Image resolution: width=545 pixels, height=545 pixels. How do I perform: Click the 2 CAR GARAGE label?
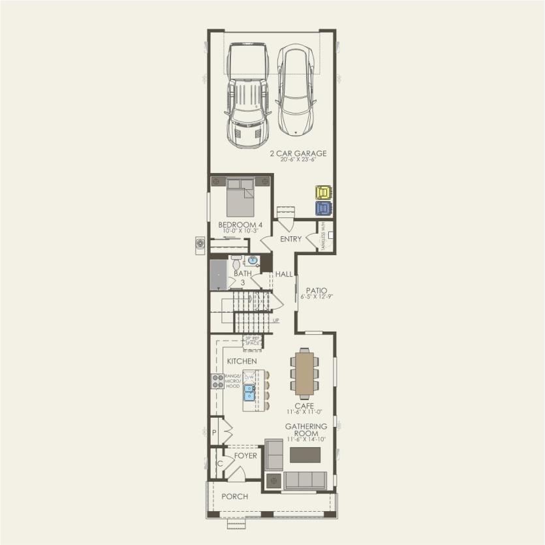(x=298, y=154)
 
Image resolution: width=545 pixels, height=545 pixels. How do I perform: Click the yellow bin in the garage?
(x=323, y=193)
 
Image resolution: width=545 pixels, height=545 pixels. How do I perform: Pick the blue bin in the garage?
(x=323, y=208)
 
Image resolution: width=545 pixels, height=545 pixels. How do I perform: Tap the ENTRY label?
(x=290, y=239)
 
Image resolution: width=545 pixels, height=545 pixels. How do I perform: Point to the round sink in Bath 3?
(x=253, y=260)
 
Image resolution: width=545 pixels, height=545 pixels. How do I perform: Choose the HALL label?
(x=284, y=274)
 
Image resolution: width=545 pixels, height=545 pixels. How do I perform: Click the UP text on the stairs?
(x=276, y=320)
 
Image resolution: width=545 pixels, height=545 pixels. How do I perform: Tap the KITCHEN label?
(x=241, y=361)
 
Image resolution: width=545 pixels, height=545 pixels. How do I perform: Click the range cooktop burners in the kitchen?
(x=217, y=381)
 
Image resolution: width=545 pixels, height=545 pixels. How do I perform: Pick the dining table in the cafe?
(x=304, y=374)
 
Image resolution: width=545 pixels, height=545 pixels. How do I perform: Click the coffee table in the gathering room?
(x=305, y=454)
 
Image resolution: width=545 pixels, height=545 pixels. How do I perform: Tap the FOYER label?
(x=245, y=456)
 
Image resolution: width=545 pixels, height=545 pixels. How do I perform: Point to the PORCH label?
(x=234, y=497)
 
